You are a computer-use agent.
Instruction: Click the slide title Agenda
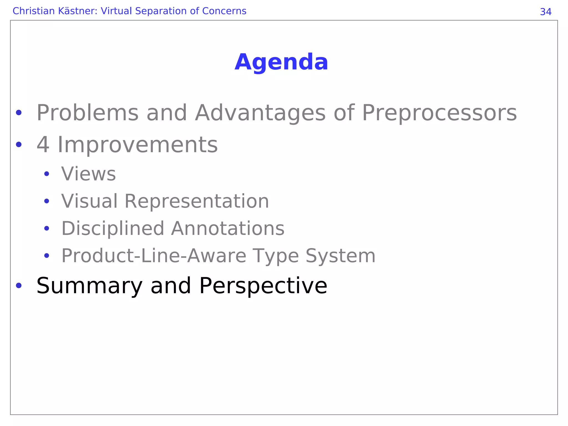[281, 62]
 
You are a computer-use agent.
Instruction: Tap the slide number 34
[546, 12]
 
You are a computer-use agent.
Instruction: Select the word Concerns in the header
[224, 11]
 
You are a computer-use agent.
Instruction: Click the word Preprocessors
[439, 113]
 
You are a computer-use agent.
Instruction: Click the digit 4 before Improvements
[43, 145]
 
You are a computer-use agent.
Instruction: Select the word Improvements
[138, 145]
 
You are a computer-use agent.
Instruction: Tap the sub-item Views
[88, 174]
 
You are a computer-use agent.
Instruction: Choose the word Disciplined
[113, 229]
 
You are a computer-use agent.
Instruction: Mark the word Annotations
[228, 229]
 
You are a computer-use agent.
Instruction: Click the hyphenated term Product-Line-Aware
[153, 256]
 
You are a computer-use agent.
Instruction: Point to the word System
[340, 256]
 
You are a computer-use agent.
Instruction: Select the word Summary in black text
[89, 286]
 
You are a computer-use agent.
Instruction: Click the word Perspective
[263, 286]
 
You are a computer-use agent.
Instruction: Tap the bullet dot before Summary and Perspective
[19, 285]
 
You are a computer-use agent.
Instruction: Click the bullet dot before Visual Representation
[47, 201]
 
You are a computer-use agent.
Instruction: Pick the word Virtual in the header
[116, 11]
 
